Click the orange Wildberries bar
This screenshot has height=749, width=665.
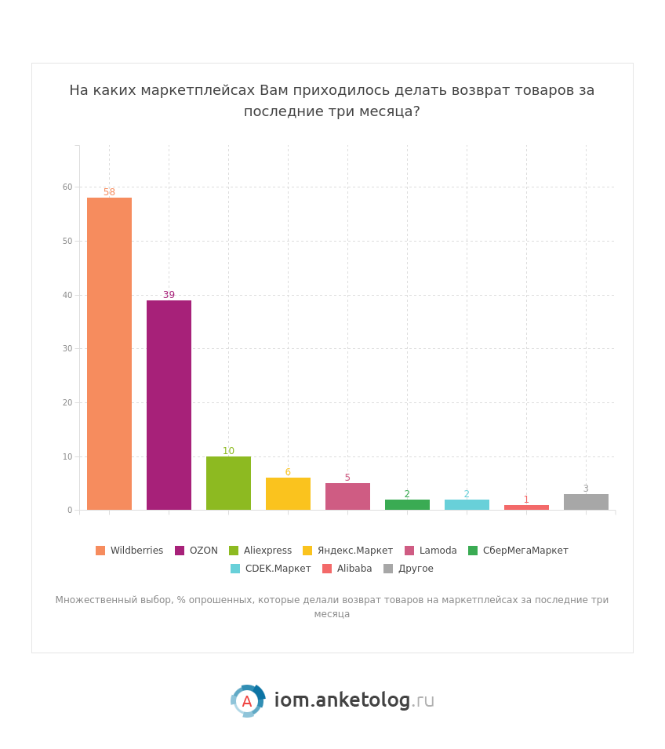109,354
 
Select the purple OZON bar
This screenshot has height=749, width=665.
169,405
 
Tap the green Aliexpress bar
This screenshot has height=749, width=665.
228,483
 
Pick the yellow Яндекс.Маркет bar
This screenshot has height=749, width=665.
288,494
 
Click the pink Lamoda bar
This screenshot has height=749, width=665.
347,496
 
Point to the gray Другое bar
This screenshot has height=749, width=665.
586,502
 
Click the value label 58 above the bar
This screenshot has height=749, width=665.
109,192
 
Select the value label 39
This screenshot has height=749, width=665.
169,295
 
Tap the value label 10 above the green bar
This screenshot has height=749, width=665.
228,451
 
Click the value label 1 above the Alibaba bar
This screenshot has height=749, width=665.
526,500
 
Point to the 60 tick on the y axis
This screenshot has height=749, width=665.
67,187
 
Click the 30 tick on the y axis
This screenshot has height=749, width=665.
67,349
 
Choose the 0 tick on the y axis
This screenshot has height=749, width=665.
70,511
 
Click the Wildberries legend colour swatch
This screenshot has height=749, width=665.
100,551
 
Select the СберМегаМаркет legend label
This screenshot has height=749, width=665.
525,551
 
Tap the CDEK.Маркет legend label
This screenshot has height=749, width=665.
278,569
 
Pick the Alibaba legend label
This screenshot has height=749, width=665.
354,569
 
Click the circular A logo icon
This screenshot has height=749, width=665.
247,701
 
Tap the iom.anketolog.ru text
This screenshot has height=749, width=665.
354,700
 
